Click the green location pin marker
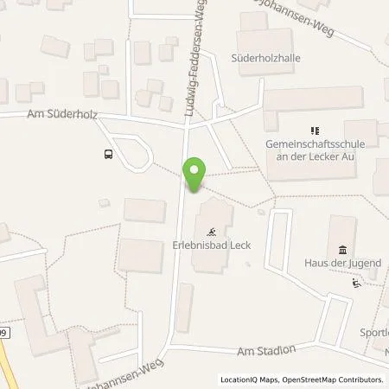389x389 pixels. click(x=194, y=174)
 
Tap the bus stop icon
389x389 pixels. click(x=108, y=155)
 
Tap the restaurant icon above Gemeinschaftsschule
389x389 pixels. click(x=302, y=131)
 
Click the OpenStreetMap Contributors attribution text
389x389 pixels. click(x=335, y=379)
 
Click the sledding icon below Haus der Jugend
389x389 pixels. click(x=355, y=284)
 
